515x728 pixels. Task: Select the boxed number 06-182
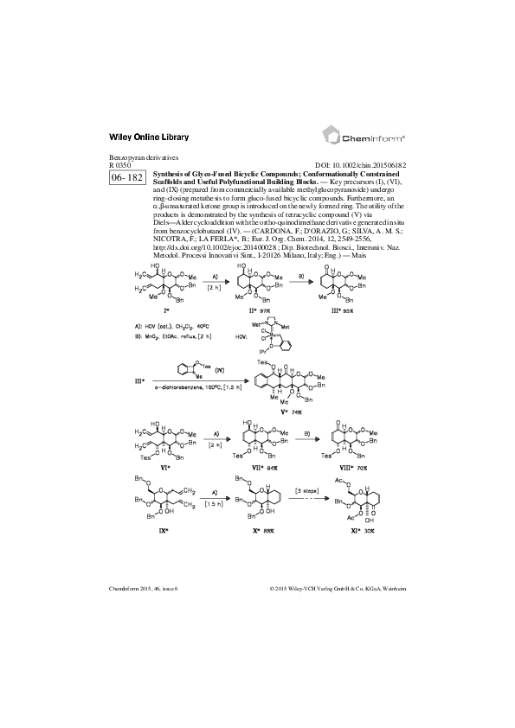pos(126,177)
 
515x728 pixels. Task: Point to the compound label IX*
pos(161,552)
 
